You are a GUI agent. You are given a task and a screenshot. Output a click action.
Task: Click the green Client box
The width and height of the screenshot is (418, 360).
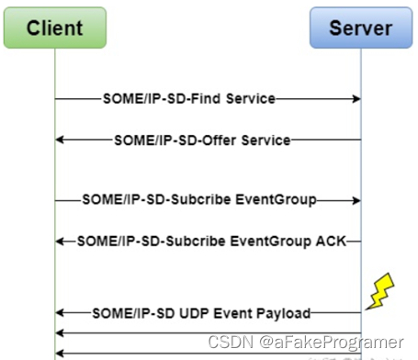point(54,27)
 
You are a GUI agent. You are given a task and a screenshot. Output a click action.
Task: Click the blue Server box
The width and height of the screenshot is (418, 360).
point(360,27)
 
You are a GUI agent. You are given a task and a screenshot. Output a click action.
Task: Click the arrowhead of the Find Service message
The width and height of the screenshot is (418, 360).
point(355,98)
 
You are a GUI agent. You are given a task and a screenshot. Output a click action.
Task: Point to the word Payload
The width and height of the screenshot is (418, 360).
point(281,312)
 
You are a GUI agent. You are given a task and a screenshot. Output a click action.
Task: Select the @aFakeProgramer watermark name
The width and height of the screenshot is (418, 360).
point(331,342)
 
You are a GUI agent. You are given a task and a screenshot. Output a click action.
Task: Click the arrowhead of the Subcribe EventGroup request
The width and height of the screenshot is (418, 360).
point(355,198)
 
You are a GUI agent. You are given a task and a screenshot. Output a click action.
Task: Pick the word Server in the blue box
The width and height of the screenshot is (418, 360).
point(360,27)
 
